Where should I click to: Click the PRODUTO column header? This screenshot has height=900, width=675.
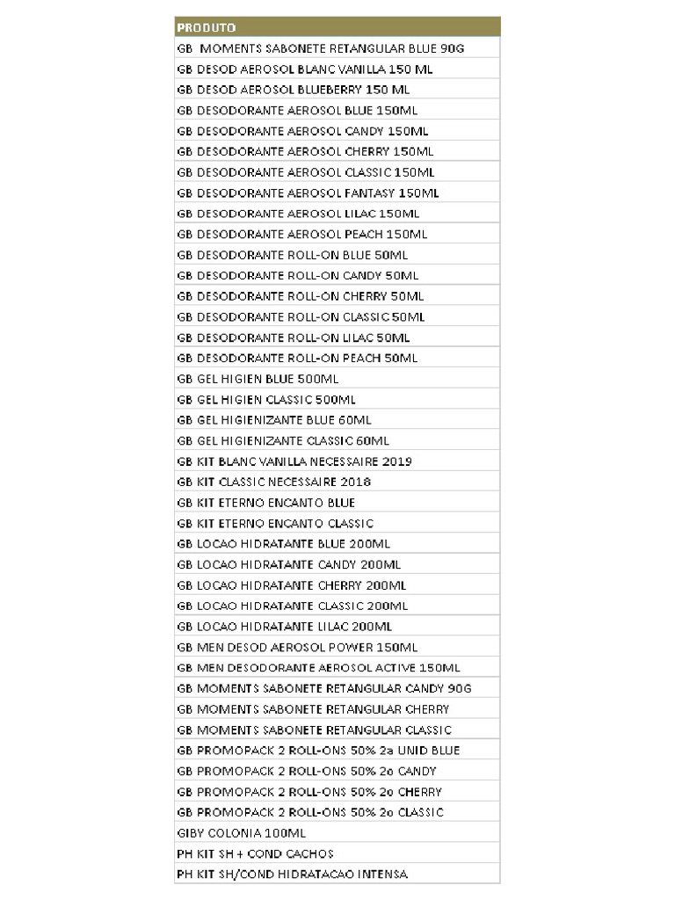click(x=207, y=27)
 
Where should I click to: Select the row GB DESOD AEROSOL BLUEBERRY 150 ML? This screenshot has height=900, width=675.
click(x=293, y=90)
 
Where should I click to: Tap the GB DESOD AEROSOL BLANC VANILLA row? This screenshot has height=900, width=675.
click(x=304, y=69)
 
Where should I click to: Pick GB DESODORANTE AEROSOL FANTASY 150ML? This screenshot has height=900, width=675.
click(x=308, y=192)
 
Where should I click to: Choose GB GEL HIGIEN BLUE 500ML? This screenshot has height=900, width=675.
click(x=258, y=379)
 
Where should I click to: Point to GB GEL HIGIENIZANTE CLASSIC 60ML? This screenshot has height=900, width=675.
click(x=282, y=441)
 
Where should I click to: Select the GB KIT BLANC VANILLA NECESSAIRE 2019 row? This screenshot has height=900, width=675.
click(x=294, y=461)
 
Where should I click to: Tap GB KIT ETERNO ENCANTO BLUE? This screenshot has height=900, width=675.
click(x=265, y=503)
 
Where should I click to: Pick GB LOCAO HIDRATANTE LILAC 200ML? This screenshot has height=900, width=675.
click(x=284, y=627)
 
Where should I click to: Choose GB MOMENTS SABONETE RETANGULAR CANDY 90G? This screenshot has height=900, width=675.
click(x=323, y=688)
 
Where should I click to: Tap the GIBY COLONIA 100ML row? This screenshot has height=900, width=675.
click(x=241, y=832)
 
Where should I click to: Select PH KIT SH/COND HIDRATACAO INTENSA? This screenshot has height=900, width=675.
click(x=292, y=874)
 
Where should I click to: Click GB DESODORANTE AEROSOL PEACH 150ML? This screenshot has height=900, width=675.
click(x=301, y=234)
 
